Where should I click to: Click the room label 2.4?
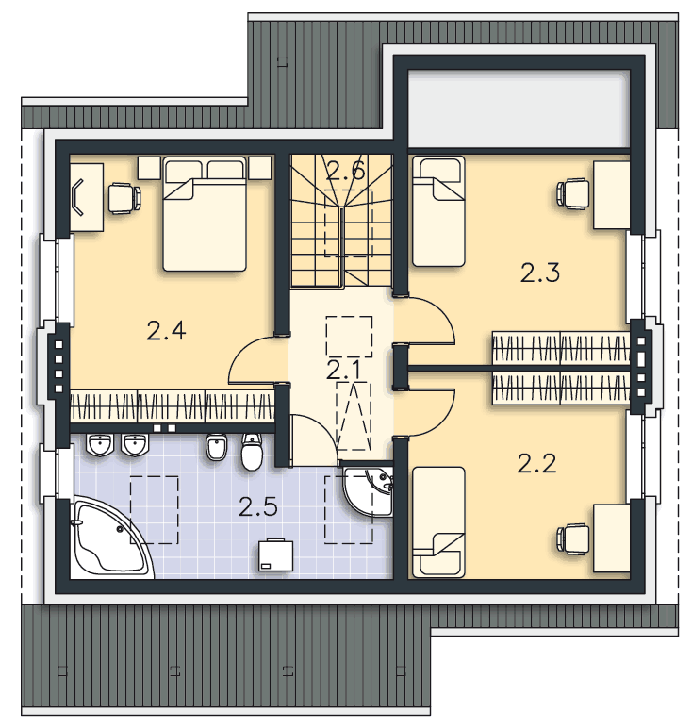click(166, 331)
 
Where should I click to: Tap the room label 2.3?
click(540, 273)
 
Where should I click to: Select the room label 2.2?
click(536, 463)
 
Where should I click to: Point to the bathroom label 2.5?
click(258, 506)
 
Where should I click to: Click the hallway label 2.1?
click(343, 371)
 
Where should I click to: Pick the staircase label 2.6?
click(345, 172)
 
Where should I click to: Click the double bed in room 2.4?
click(205, 214)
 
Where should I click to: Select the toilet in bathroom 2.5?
click(252, 452)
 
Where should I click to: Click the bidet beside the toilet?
click(216, 447)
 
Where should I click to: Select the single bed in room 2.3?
click(438, 211)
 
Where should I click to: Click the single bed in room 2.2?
click(438, 522)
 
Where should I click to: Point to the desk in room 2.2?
click(612, 538)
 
